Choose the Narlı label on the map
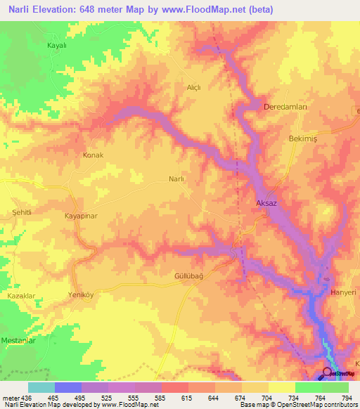tap(176, 179)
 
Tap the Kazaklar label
tap(21, 297)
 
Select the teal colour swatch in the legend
tap(41, 387)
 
